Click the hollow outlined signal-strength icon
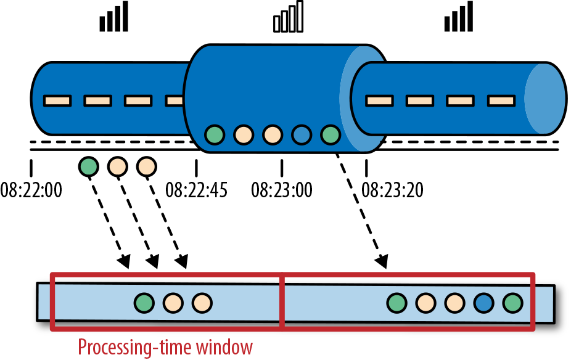click(x=289, y=17)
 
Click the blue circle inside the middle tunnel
click(x=302, y=134)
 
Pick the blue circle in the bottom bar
click(x=483, y=303)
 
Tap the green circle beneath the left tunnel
click(x=89, y=166)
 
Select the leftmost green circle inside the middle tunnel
click(x=215, y=134)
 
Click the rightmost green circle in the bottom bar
click(x=512, y=303)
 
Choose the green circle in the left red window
click(x=144, y=303)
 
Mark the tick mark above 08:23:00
click(x=282, y=168)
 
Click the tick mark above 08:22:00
click(x=31, y=168)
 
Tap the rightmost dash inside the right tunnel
click(x=501, y=99)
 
